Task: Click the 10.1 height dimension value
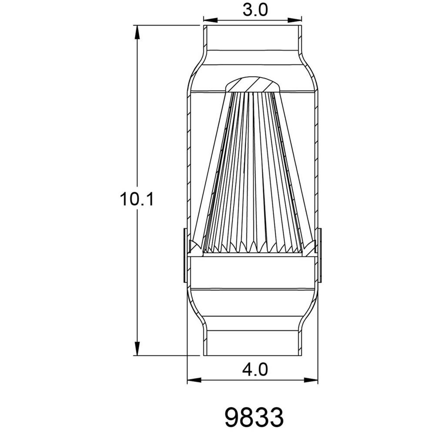[137, 200]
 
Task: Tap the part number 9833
[254, 416]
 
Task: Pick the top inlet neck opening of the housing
[253, 37]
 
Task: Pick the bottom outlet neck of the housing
[253, 341]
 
